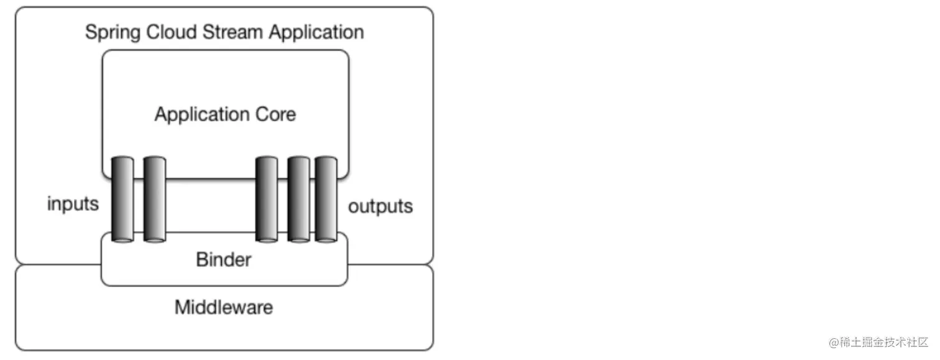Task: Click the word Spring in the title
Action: click(113, 32)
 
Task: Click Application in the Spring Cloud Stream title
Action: click(318, 32)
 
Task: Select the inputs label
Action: click(73, 204)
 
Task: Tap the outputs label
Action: click(380, 206)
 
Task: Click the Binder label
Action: click(223, 259)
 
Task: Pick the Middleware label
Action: click(223, 307)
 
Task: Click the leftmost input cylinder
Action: click(122, 199)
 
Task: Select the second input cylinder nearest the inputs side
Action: click(154, 199)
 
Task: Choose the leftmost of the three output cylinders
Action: click(266, 199)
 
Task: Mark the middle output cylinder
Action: click(298, 199)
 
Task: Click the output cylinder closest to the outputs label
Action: click(326, 199)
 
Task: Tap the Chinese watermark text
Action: click(883, 343)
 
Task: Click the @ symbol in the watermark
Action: click(833, 343)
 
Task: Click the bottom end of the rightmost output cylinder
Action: click(326, 238)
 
